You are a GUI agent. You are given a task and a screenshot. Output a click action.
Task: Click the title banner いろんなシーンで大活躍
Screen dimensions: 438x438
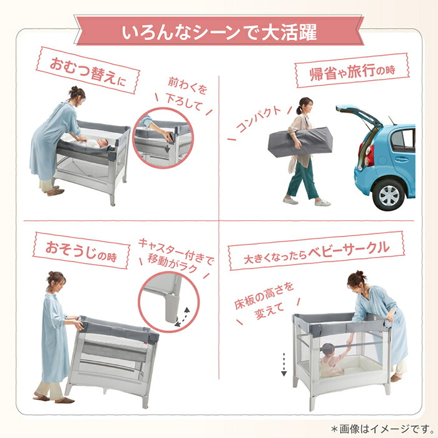218,31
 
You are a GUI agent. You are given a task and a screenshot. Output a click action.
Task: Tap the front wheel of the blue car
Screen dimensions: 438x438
389,195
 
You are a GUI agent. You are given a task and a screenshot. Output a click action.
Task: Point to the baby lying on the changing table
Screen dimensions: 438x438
93,143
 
